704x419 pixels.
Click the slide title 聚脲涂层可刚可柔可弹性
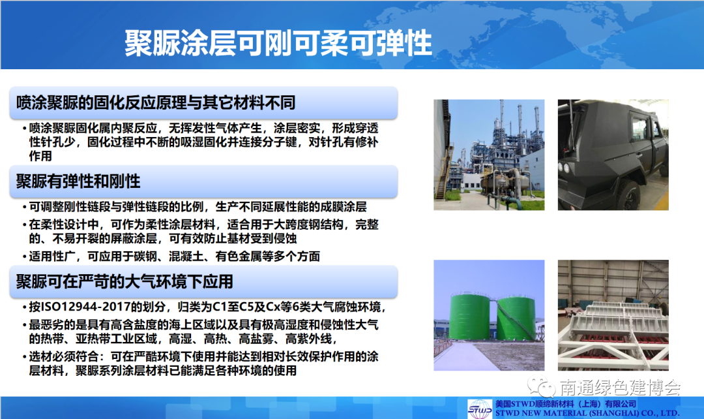pyautogui.click(x=278, y=44)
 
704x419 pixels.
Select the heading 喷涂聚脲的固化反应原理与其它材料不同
pyautogui.click(x=156, y=103)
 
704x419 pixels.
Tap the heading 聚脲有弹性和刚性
pyautogui.click(x=78, y=181)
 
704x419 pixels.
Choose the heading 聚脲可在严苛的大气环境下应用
pyautogui.click(x=125, y=282)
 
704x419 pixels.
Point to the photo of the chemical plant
pyautogui.click(x=489, y=155)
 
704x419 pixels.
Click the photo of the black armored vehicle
pyautogui.click(x=613, y=155)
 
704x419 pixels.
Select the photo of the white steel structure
pyautogui.click(x=613, y=315)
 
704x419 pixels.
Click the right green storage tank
pyautogui.click(x=516, y=318)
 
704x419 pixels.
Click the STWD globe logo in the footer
pyautogui.click(x=480, y=409)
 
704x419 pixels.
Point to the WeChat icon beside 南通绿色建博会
pyautogui.click(x=541, y=386)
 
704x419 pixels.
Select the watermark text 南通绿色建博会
pyautogui.click(x=620, y=387)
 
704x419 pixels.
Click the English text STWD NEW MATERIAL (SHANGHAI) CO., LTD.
pyautogui.click(x=587, y=413)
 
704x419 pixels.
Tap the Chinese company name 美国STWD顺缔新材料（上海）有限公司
pyautogui.click(x=566, y=404)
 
